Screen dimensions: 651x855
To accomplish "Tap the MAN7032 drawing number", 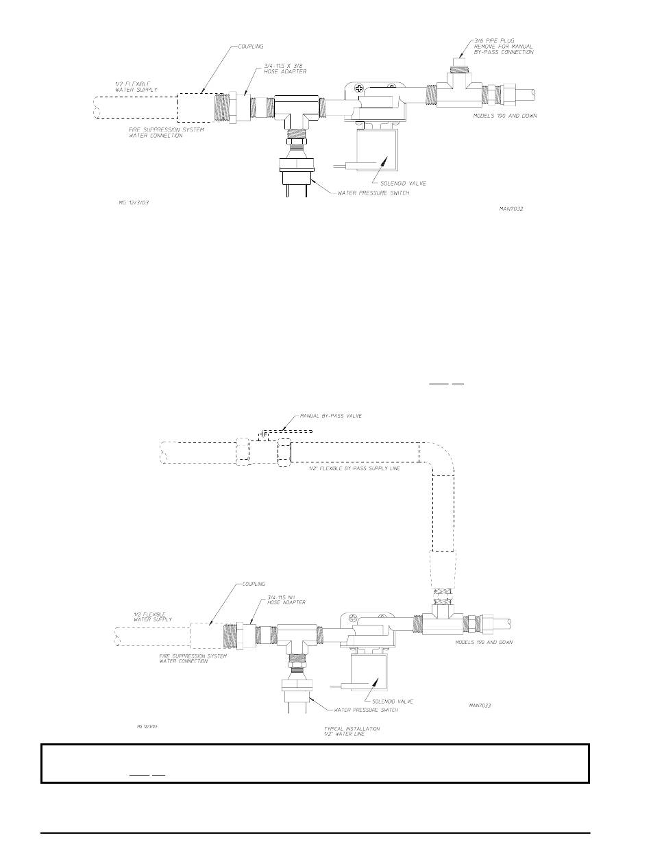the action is [x=511, y=208].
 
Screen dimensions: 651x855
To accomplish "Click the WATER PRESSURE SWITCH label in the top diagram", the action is [x=373, y=193].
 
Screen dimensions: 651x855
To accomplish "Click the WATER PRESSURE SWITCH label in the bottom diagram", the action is [x=364, y=710].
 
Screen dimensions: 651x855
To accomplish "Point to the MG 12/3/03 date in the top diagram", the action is [x=129, y=203].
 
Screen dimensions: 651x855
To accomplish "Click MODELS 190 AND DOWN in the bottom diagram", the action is [x=483, y=643].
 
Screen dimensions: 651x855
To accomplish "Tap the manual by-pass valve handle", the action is [x=288, y=432].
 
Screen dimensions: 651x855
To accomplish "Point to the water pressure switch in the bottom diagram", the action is [x=296, y=687].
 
